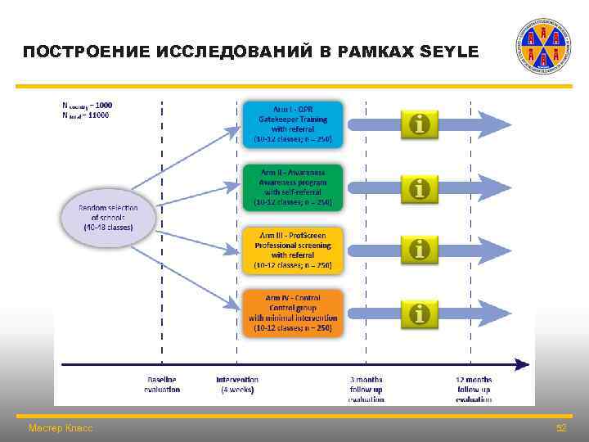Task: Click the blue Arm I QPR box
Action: tap(293, 124)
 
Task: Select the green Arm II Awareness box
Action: tap(293, 187)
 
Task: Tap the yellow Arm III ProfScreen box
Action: tap(293, 250)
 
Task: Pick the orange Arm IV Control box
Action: tap(293, 313)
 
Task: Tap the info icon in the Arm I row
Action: tap(420, 124)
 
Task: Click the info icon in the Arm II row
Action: tap(420, 188)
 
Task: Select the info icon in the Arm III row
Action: tap(420, 249)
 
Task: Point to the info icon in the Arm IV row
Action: tap(420, 312)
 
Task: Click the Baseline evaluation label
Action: tap(162, 385)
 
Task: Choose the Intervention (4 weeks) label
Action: tap(237, 385)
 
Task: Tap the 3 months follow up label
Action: tap(366, 389)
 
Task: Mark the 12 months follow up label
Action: tap(474, 389)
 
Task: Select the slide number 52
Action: tap(561, 428)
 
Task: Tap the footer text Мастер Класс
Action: tap(61, 428)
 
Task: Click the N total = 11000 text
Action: tap(86, 115)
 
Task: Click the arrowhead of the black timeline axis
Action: tap(520, 364)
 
